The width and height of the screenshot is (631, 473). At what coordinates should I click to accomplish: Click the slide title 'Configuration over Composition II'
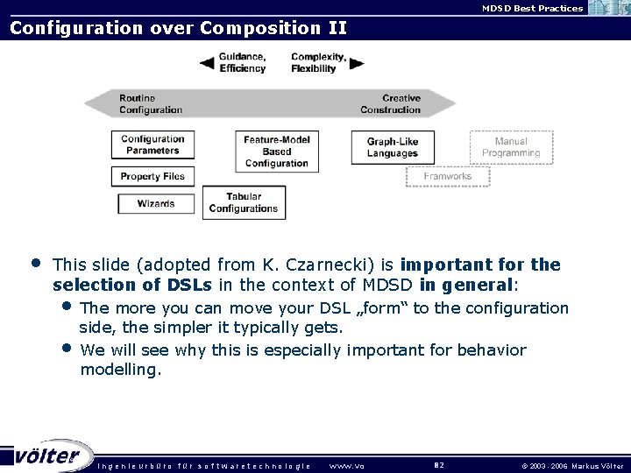pyautogui.click(x=178, y=28)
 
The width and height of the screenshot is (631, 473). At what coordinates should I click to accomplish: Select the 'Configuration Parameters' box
pyautogui.click(x=152, y=145)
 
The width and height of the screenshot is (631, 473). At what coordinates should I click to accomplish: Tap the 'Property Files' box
pyautogui.click(x=152, y=176)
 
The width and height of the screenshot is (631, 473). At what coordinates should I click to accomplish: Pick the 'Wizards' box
pyautogui.click(x=155, y=204)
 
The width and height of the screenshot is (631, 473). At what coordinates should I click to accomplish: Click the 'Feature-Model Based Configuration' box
pyautogui.click(x=276, y=151)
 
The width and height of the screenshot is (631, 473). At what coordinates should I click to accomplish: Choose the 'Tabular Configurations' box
pyautogui.click(x=244, y=203)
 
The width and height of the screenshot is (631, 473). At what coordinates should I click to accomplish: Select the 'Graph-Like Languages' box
pyautogui.click(x=392, y=147)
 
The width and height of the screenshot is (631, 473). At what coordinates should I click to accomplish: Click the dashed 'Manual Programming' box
pyautogui.click(x=511, y=147)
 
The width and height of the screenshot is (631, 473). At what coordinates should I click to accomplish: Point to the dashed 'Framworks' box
pyautogui.click(x=447, y=176)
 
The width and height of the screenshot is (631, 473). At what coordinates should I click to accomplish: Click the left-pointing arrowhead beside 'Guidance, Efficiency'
pyautogui.click(x=207, y=63)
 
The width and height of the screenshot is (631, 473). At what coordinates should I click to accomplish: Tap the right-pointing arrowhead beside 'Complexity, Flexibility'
pyautogui.click(x=356, y=63)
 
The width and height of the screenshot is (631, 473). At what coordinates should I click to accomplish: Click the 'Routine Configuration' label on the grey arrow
pyautogui.click(x=151, y=104)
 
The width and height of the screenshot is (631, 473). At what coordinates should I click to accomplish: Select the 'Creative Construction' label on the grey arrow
pyautogui.click(x=390, y=104)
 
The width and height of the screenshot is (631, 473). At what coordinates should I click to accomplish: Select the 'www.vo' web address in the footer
pyautogui.click(x=346, y=465)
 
